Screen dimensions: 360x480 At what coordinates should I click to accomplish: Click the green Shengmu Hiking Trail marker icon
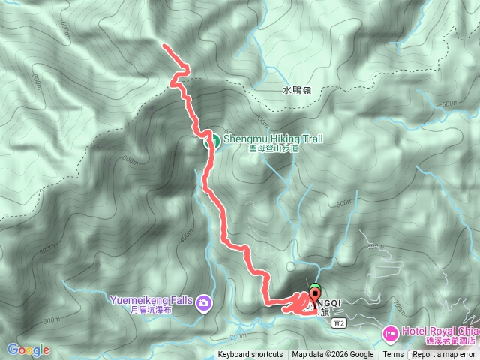[x=212, y=139]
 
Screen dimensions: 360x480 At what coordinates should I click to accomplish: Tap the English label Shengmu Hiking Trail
[x=268, y=139]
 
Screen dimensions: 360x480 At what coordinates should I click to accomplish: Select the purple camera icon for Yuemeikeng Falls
[x=204, y=303]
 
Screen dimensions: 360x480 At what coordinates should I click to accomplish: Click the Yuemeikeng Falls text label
[x=152, y=300]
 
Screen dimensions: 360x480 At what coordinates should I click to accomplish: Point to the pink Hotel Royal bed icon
[x=390, y=331]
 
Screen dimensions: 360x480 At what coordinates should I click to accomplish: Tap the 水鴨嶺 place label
[x=296, y=90]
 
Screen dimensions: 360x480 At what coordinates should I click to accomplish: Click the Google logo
[x=28, y=349]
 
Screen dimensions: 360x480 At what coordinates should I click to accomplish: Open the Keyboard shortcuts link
[x=250, y=355]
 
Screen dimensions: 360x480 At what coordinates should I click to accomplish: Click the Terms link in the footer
[x=393, y=355]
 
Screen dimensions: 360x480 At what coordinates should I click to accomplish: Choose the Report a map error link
[x=444, y=355]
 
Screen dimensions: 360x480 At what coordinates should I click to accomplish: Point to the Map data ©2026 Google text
[x=332, y=355]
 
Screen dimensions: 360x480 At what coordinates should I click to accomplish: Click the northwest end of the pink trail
[x=164, y=46]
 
